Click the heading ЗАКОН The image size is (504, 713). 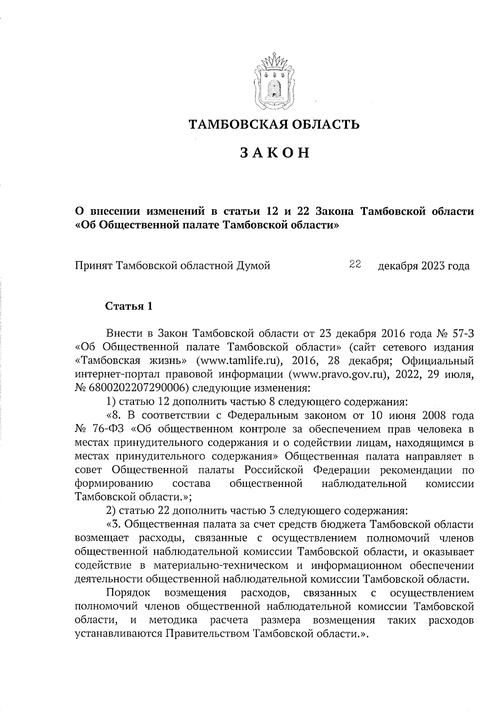pyautogui.click(x=275, y=153)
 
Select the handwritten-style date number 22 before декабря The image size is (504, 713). pyautogui.click(x=356, y=265)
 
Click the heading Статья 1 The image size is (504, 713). pyautogui.click(x=128, y=306)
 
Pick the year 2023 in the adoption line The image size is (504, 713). pyautogui.click(x=431, y=266)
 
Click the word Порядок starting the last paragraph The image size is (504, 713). pyautogui.click(x=128, y=593)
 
